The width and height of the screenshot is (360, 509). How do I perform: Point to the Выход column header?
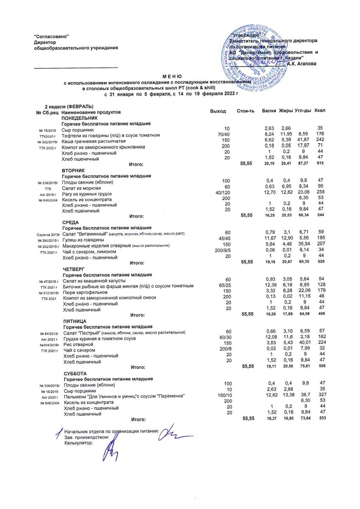(218, 111)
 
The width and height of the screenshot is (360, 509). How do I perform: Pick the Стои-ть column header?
(245, 111)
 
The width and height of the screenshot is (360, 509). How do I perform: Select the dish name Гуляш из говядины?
(84, 240)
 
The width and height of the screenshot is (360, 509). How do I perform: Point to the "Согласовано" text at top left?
(51, 37)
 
